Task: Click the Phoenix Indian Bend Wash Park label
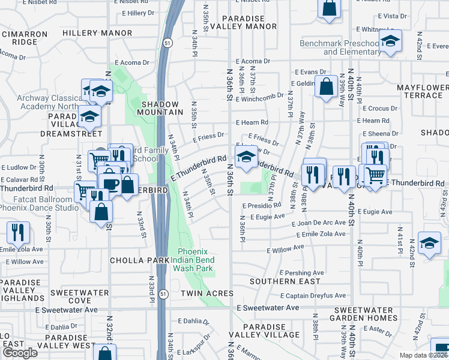pyautogui.click(x=196, y=260)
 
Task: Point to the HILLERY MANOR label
pyautogui.click(x=97, y=32)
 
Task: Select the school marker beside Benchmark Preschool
pyautogui.click(x=391, y=41)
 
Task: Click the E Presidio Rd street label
pyautogui.click(x=262, y=205)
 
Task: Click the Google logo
pyautogui.click(x=20, y=353)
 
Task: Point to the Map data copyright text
pyautogui.click(x=424, y=355)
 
